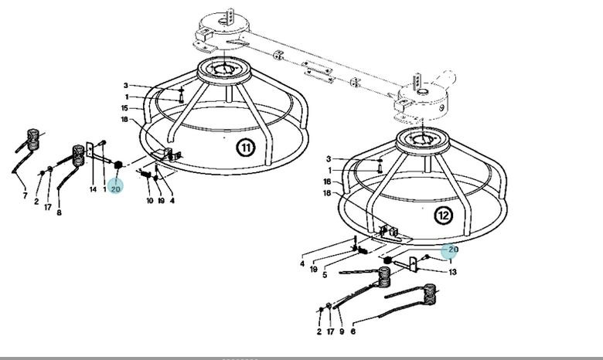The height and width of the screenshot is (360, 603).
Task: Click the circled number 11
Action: tap(246, 148)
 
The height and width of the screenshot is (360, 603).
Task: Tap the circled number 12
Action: tap(444, 216)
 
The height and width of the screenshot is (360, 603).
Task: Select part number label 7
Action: tap(25, 195)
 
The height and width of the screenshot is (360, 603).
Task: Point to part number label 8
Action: tap(59, 212)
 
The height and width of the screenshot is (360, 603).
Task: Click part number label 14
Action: tap(93, 189)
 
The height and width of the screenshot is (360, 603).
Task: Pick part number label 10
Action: tap(150, 201)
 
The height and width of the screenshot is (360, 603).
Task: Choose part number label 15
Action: tap(124, 108)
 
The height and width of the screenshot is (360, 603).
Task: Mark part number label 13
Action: tap(452, 272)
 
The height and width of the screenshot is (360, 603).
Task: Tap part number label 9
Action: tap(342, 331)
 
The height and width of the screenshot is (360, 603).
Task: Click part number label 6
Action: tap(353, 331)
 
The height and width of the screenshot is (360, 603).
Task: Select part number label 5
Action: tap(325, 275)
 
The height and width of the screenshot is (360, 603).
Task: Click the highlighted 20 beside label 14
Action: tap(115, 188)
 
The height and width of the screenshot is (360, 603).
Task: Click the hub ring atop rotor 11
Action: tap(224, 72)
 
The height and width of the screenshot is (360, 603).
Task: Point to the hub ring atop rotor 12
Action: tap(423, 141)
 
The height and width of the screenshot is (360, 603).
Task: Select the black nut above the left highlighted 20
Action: tap(118, 165)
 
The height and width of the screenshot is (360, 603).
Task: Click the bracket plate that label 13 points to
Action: tap(413, 265)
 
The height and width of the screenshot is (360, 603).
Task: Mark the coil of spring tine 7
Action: tap(33, 139)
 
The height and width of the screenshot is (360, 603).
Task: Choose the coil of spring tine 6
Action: tap(430, 294)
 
